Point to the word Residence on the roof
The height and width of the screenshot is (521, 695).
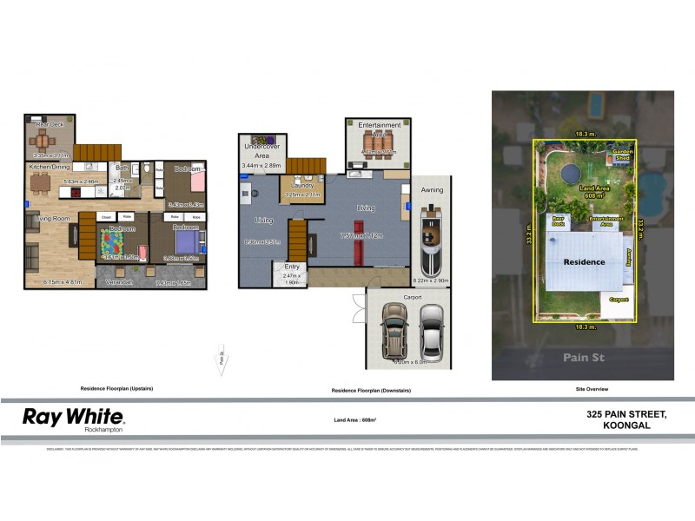click(583, 261)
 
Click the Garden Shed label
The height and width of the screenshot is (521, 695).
click(623, 155)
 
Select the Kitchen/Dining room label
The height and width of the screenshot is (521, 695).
click(50, 166)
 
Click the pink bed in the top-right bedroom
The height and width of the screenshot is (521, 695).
click(195, 181)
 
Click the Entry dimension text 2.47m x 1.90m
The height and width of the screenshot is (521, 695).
click(291, 279)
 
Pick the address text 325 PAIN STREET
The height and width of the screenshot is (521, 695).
click(626, 415)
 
